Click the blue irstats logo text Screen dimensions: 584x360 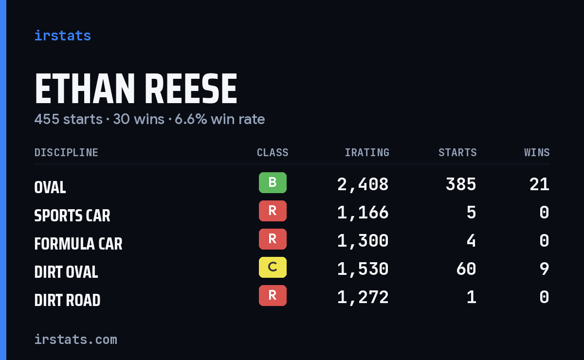tap(63, 36)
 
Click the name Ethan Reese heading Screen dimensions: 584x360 tap(136, 89)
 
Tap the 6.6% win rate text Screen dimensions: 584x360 tap(220, 119)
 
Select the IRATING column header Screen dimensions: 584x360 tap(367, 152)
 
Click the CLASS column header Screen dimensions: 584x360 tap(273, 152)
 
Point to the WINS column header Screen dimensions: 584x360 tap(537, 152)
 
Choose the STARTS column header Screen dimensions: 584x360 tap(457, 152)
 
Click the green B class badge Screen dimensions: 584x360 tap(273, 182)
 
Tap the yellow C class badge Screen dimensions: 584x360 tap(273, 267)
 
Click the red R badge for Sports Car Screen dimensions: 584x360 tap(273, 211)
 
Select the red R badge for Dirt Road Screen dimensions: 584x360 tap(273, 295)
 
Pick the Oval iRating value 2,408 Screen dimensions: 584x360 tap(363, 185)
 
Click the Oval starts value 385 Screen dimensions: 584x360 tap(461, 184)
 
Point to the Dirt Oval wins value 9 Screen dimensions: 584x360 tap(545, 269)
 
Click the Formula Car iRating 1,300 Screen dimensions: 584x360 tap(363, 241)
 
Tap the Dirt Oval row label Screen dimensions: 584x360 tap(66, 272)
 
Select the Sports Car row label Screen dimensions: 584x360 tap(72, 216)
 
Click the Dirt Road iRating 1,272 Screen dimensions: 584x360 tap(363, 298)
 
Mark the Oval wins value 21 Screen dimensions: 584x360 tap(539, 184)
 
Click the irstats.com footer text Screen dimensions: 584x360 tap(76, 340)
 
